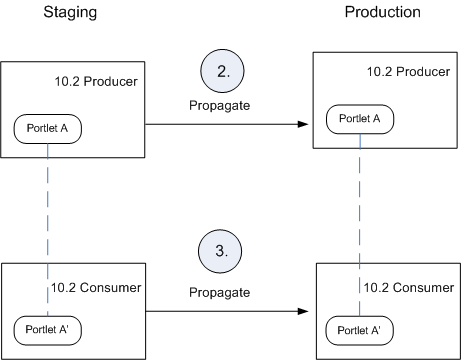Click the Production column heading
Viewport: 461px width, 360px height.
pos(383,13)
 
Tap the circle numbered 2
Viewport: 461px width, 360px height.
pos(223,73)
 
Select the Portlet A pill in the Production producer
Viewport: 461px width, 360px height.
pos(359,118)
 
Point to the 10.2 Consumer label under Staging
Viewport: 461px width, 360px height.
pos(96,288)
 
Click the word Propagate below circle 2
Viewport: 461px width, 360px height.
pos(218,105)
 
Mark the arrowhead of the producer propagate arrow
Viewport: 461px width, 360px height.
pos(301,124)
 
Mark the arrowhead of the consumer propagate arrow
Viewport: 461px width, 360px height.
pos(301,312)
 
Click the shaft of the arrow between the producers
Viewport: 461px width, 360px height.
pos(220,124)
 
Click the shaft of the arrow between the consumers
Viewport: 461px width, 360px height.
pos(220,312)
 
